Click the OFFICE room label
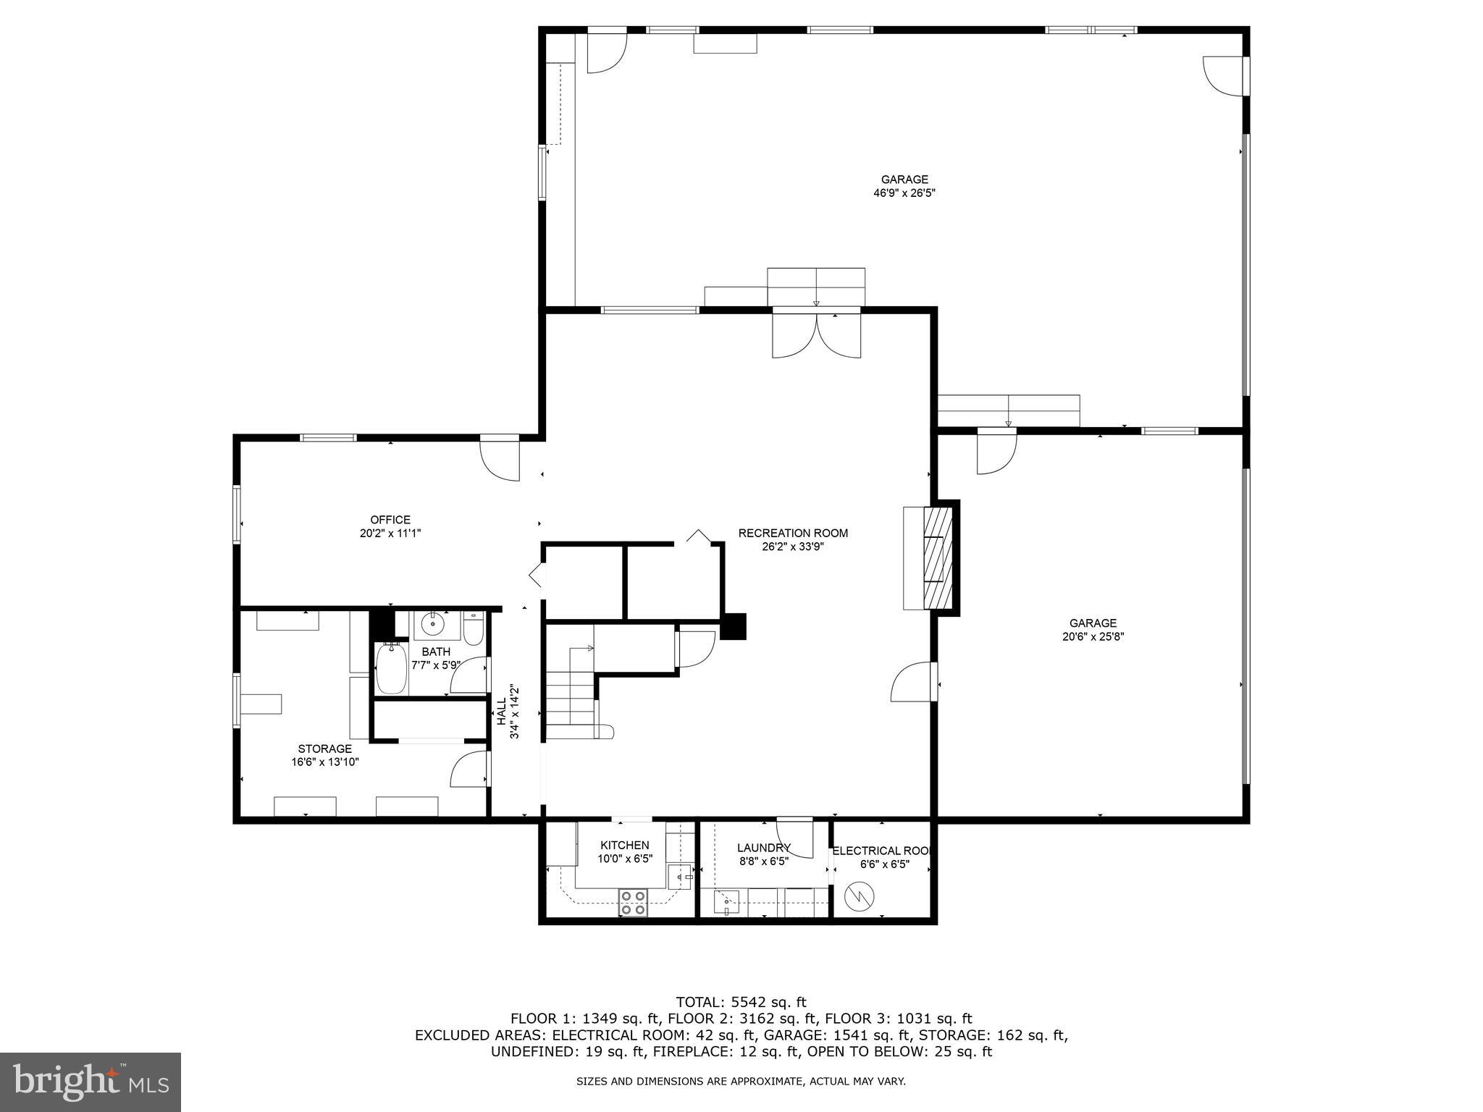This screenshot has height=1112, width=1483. point(390,519)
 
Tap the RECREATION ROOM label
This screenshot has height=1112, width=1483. point(793,533)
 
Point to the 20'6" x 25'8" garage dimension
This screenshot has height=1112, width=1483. point(1093,637)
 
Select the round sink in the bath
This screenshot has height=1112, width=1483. point(433,623)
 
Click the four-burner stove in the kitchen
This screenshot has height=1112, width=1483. point(633,903)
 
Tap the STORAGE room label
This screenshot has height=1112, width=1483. point(324,749)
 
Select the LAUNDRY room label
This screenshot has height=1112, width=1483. point(763,848)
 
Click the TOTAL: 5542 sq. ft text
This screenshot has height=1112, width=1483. point(741,1002)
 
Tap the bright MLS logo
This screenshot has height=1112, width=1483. point(91,1082)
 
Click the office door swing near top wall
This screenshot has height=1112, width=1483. point(500,459)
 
